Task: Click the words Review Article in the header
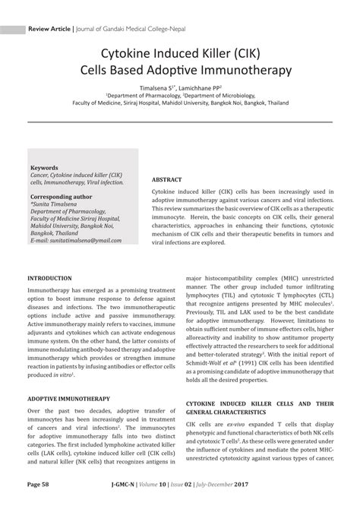(49, 29)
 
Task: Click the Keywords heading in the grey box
(44, 166)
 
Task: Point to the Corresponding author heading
(61, 196)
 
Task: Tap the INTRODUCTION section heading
(50, 279)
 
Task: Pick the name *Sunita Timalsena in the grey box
(55, 204)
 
